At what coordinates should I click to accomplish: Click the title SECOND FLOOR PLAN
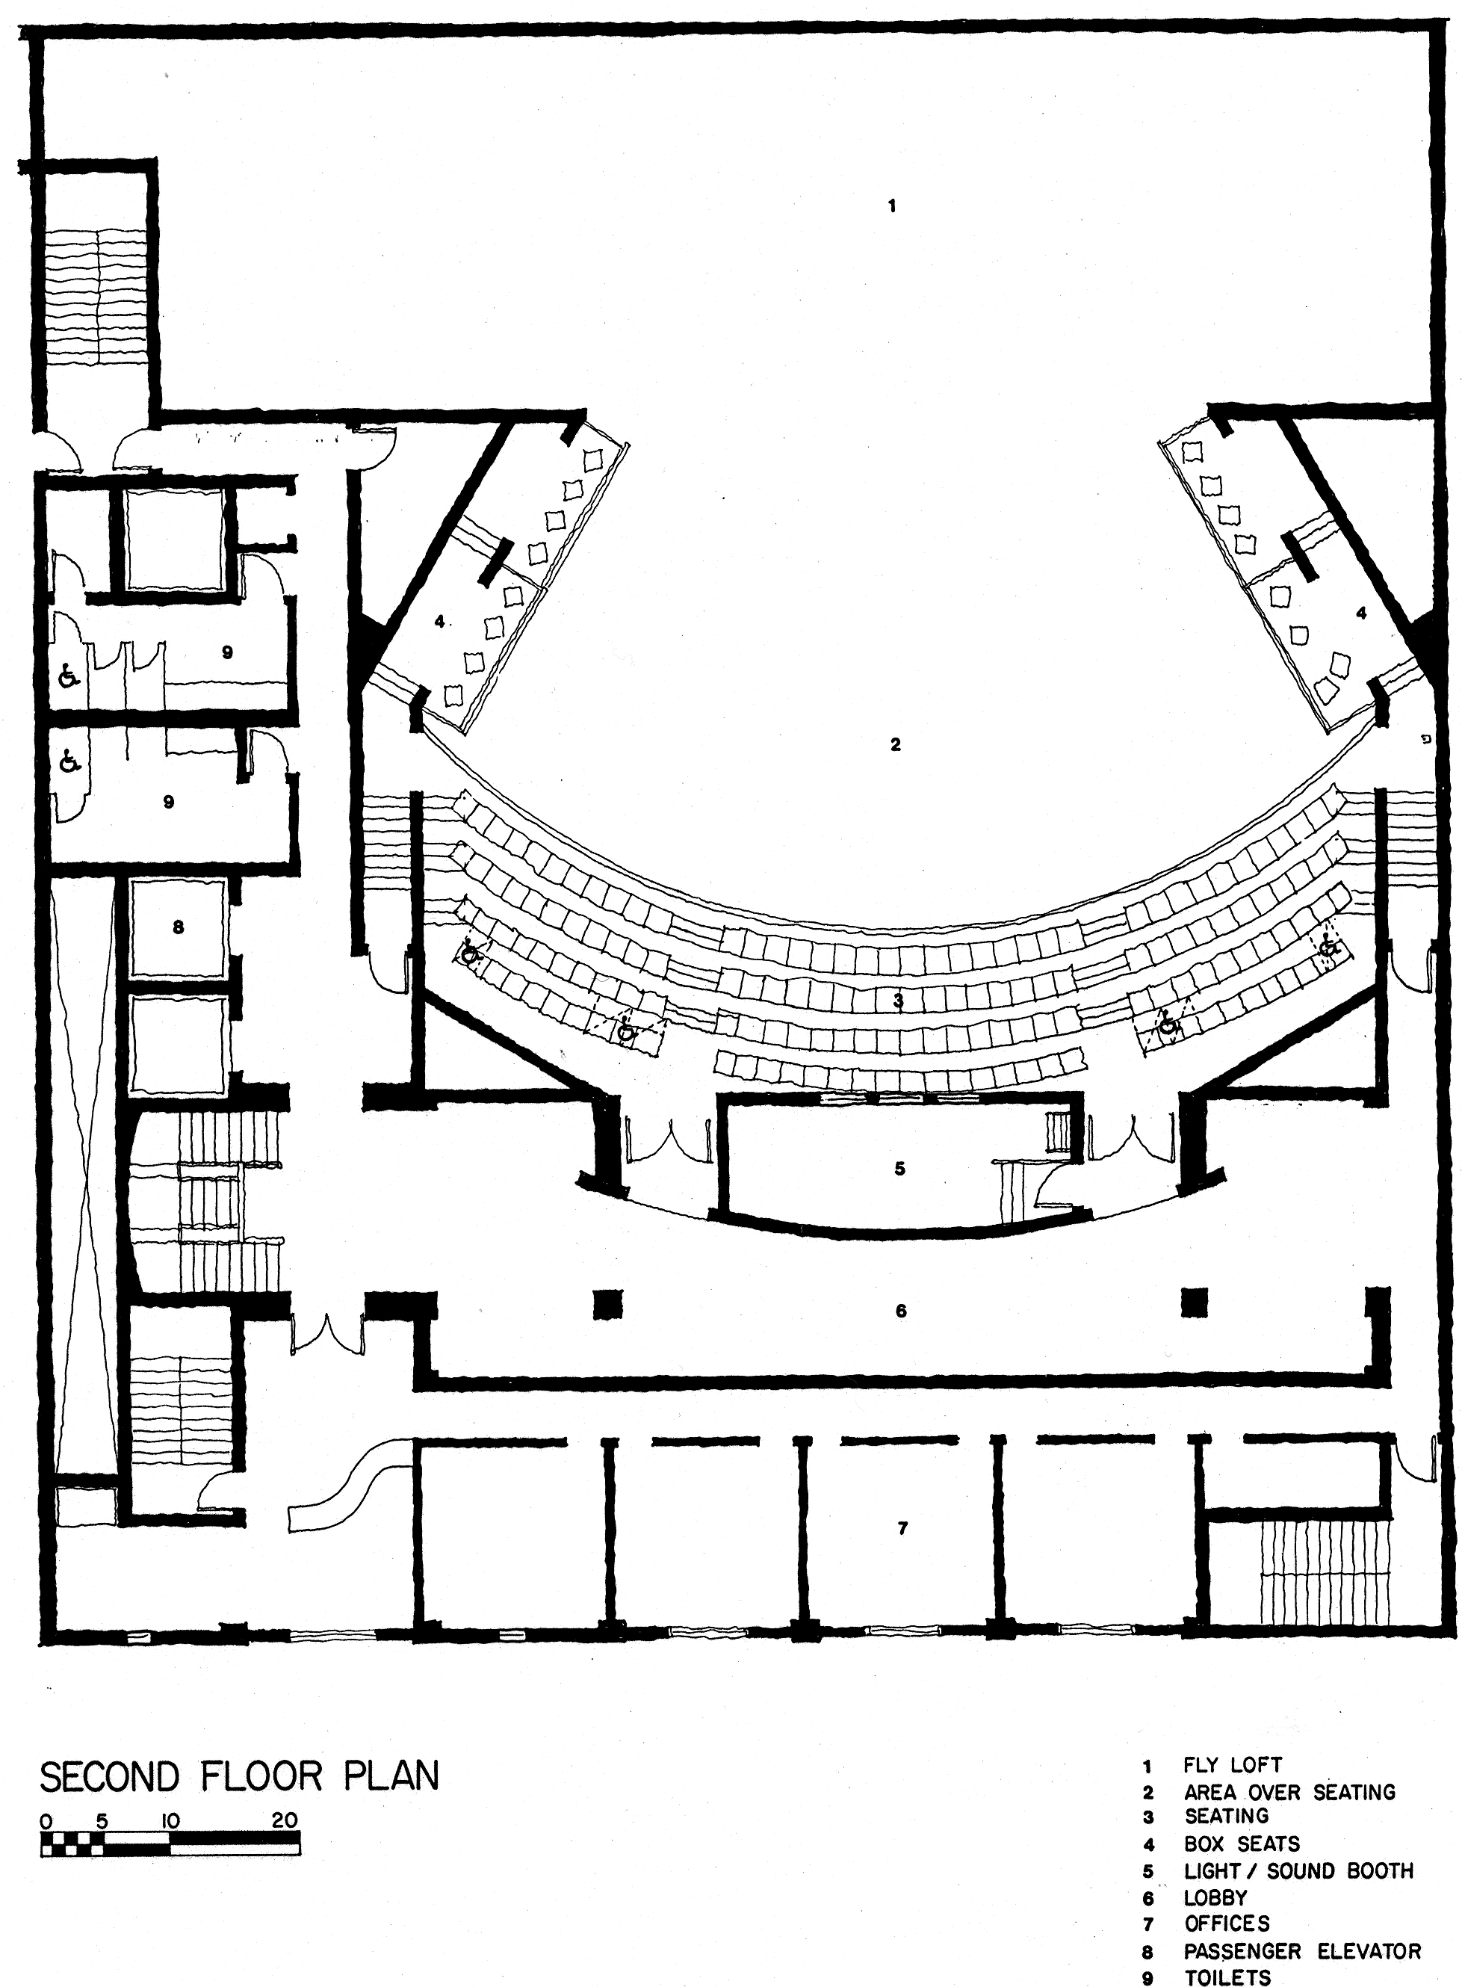click(240, 1776)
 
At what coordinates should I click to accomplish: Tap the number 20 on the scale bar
click(285, 1820)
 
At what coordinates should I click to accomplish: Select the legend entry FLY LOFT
click(1232, 1766)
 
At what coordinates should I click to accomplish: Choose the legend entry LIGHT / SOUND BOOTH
click(1298, 1871)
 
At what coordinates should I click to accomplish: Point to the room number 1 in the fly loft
click(892, 206)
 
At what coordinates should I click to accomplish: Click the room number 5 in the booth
click(899, 1168)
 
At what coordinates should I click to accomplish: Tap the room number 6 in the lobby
click(901, 1310)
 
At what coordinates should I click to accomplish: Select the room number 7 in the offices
click(902, 1527)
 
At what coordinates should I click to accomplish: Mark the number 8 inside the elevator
click(178, 927)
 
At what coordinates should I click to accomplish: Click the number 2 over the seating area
click(896, 744)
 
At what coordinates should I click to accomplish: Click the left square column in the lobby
click(607, 1304)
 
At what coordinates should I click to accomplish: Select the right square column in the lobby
click(1195, 1301)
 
